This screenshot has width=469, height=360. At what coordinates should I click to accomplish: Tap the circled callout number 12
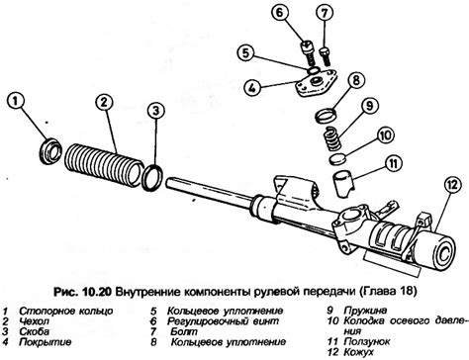pyautogui.click(x=453, y=185)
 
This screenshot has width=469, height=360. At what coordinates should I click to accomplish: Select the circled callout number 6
pyautogui.click(x=280, y=14)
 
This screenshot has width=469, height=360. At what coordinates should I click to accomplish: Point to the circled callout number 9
pyautogui.click(x=369, y=106)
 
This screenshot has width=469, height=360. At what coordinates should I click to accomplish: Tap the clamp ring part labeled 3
pyautogui.click(x=152, y=177)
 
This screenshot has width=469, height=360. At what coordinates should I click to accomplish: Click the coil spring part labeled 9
pyautogui.click(x=331, y=139)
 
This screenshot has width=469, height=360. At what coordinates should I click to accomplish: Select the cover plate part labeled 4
pyautogui.click(x=316, y=84)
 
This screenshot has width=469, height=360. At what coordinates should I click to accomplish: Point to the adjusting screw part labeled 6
pyautogui.click(x=307, y=52)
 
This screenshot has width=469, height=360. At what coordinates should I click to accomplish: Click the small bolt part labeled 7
pyautogui.click(x=325, y=56)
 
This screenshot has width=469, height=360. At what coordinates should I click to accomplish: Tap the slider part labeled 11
pyautogui.click(x=343, y=183)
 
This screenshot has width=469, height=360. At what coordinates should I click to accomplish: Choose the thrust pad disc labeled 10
pyautogui.click(x=338, y=158)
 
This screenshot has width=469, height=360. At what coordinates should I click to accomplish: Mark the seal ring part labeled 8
pyautogui.click(x=328, y=115)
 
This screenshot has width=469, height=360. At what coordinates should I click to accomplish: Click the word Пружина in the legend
pyautogui.click(x=365, y=311)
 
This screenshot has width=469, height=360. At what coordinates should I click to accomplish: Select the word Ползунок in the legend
pyautogui.click(x=367, y=341)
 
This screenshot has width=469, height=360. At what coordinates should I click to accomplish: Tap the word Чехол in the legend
pyautogui.click(x=34, y=321)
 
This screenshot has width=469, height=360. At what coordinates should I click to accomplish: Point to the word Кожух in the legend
pyautogui.click(x=358, y=352)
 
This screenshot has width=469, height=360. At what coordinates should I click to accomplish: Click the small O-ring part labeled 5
pyautogui.click(x=314, y=70)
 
